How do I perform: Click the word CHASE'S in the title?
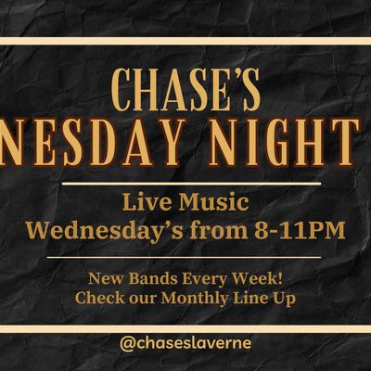point(185,90)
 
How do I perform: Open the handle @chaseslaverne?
point(185,343)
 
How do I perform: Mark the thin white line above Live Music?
point(185,184)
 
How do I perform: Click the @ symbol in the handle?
point(127,343)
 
